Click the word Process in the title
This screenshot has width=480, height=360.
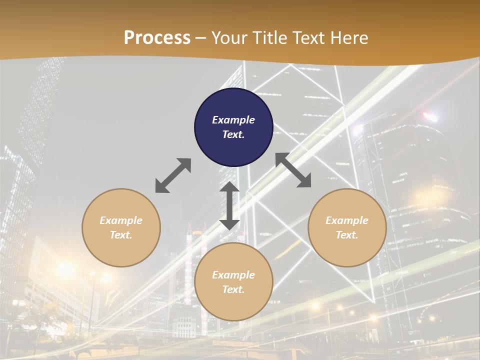(x=157, y=38)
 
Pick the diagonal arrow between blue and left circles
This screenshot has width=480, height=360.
(x=173, y=175)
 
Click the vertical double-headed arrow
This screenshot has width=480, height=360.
(x=229, y=205)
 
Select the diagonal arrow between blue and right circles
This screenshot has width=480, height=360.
(x=293, y=170)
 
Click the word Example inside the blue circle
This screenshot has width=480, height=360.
(x=233, y=120)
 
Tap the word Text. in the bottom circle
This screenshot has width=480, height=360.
(x=233, y=289)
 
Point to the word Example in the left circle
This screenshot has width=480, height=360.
(x=121, y=220)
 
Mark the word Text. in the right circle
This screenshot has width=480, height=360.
(x=347, y=235)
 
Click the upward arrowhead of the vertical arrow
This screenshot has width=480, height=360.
(x=229, y=188)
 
